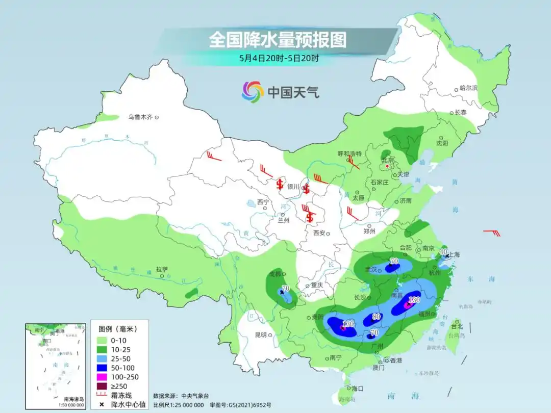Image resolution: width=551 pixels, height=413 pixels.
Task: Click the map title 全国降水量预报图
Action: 278,40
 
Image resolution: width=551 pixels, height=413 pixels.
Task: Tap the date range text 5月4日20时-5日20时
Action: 279,58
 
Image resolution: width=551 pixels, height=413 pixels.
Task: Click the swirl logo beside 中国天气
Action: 253,92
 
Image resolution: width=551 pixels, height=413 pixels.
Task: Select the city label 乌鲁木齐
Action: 140,117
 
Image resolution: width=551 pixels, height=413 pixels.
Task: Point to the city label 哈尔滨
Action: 468,88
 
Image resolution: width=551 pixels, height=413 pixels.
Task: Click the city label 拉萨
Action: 162,269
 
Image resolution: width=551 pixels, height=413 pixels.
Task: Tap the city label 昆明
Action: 260,334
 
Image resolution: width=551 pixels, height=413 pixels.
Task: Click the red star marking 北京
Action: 388,166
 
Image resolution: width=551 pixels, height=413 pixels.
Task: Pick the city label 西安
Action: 319,233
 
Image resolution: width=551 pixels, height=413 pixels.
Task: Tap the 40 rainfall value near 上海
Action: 444,251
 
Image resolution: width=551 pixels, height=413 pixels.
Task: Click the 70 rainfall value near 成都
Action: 286,288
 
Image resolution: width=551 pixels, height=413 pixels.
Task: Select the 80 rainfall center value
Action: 377,316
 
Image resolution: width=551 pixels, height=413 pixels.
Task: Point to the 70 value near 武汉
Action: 394,261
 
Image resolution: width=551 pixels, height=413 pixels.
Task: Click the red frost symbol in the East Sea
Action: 492,233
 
